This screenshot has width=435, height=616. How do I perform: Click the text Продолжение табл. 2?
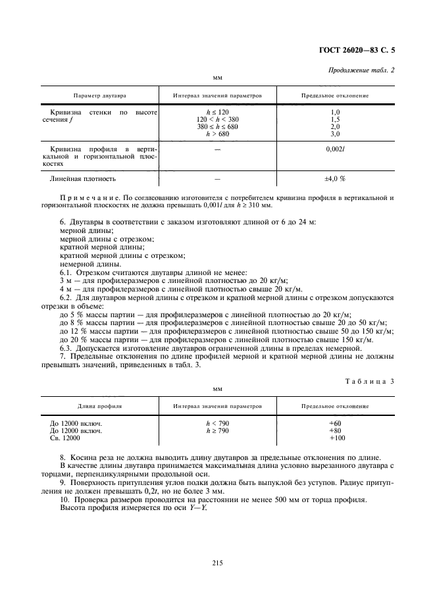(361, 70)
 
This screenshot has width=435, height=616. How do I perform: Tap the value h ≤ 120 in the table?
(217, 113)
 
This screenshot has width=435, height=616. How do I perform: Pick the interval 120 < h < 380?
(217, 120)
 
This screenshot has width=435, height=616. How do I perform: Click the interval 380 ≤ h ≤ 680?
(217, 127)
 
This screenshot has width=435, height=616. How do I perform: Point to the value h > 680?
(217, 134)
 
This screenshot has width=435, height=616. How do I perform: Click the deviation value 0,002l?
(335, 149)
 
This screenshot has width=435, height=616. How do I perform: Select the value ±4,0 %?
(335, 179)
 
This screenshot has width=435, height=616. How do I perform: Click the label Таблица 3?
(369, 381)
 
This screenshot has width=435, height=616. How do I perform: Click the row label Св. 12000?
(64, 438)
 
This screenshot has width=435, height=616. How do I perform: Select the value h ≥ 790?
(217, 431)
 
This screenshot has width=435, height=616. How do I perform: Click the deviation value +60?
(335, 424)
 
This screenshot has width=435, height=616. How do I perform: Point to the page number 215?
(218, 562)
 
